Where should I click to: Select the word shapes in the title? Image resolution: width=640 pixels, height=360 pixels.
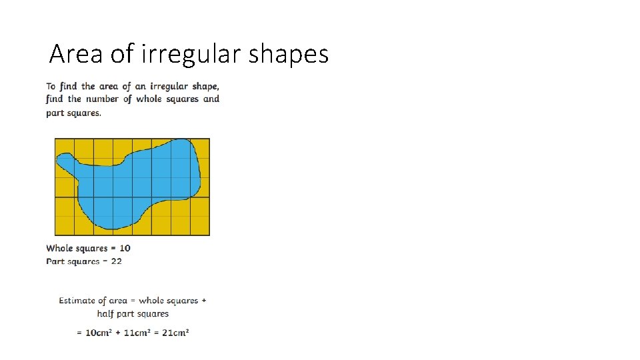point(289,53)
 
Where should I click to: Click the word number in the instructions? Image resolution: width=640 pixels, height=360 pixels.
point(103,99)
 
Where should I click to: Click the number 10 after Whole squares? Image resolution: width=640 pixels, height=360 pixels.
point(125,248)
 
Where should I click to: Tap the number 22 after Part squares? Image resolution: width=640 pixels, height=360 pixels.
point(116,261)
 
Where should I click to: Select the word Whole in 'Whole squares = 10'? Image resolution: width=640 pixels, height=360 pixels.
point(59,248)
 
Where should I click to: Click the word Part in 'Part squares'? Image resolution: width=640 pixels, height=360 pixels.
point(55,261)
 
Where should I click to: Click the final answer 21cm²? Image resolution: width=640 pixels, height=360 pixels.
point(176,333)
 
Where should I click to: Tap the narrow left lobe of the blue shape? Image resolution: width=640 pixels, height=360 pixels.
point(65,160)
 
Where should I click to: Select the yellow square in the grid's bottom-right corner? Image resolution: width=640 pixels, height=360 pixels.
point(200,225)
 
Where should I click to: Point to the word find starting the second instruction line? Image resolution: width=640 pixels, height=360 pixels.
point(55,99)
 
